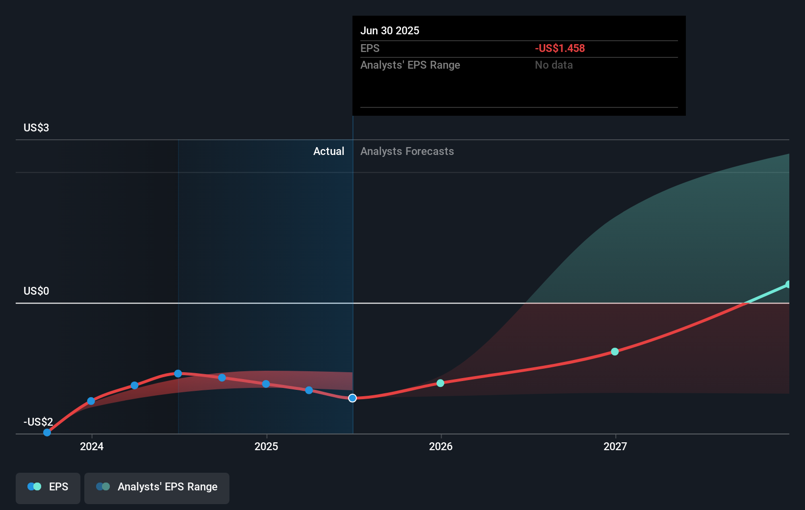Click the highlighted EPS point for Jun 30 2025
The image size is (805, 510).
[352, 398]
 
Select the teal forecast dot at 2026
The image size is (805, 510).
[440, 383]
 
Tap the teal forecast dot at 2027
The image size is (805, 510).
[615, 352]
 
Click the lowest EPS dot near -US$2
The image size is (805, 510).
[47, 433]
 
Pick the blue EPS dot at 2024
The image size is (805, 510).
[91, 401]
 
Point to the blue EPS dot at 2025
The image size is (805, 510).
[266, 384]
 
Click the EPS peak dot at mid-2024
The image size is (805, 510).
[178, 374]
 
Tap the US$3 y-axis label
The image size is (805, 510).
[36, 127]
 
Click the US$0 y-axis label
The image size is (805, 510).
[36, 291]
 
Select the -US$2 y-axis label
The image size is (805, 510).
[38, 422]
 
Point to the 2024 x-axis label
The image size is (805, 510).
[92, 446]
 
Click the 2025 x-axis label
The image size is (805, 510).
[266, 446]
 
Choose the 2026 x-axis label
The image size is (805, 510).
[441, 446]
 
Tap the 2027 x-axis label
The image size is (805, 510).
[615, 446]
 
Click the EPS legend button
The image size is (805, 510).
[48, 488]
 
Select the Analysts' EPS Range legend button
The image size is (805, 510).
[157, 488]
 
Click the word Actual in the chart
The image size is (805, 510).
[329, 152]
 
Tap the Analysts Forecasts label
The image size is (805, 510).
[407, 152]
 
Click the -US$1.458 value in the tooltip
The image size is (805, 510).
[560, 48]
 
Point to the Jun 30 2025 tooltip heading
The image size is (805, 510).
[390, 30]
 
